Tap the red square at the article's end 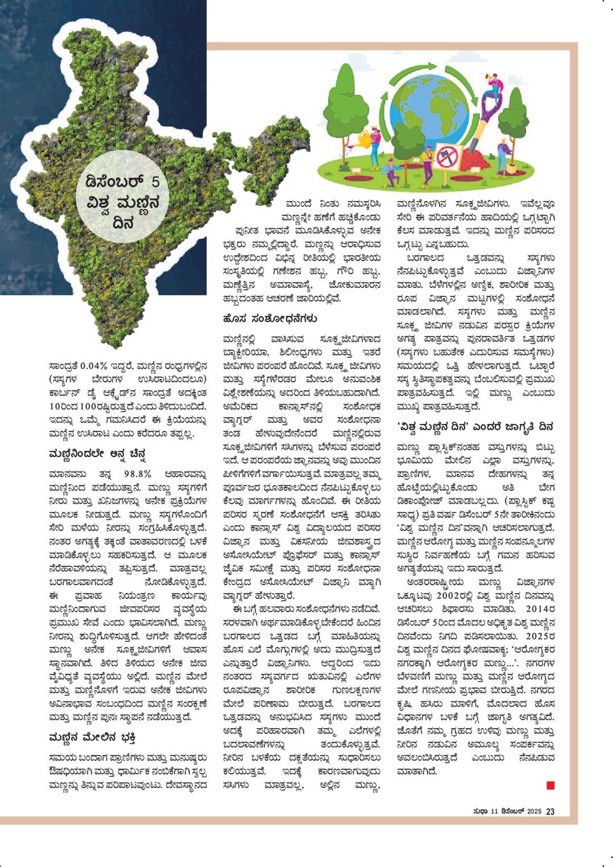pyautogui.click(x=550, y=786)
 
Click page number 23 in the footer pyautogui.click(x=550, y=811)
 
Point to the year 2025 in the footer pyautogui.click(x=533, y=811)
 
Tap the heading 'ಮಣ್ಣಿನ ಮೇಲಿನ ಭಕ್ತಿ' pyautogui.click(x=92, y=737)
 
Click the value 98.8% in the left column pyautogui.click(x=137, y=475)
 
